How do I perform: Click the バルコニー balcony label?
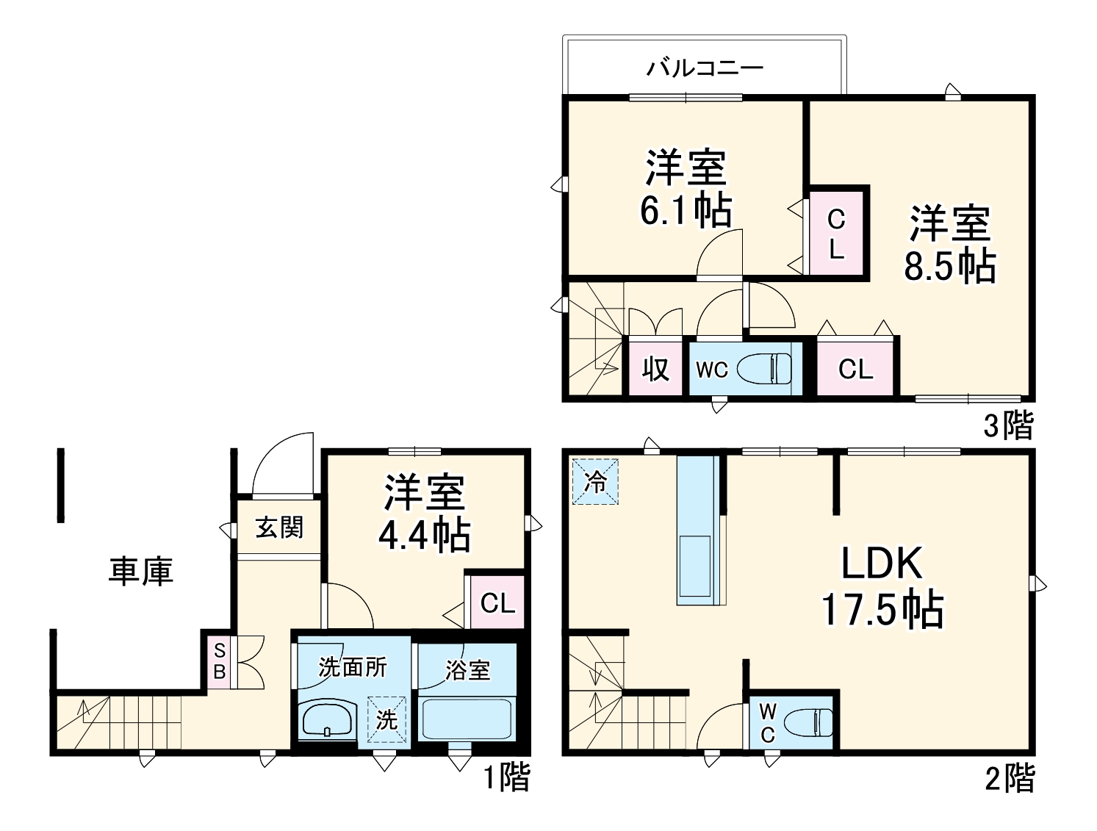(705, 68)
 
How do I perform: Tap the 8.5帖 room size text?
(949, 267)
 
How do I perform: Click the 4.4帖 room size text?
(424, 536)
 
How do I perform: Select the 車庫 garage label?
(141, 571)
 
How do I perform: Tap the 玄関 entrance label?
(279, 527)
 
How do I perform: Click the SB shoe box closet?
(219, 661)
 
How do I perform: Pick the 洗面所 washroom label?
(352, 667)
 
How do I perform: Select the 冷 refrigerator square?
(596, 482)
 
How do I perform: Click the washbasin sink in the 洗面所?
(328, 719)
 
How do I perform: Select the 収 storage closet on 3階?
(655, 368)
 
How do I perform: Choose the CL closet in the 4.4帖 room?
(497, 602)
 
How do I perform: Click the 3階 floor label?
(1009, 425)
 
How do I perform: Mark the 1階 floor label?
(506, 778)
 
